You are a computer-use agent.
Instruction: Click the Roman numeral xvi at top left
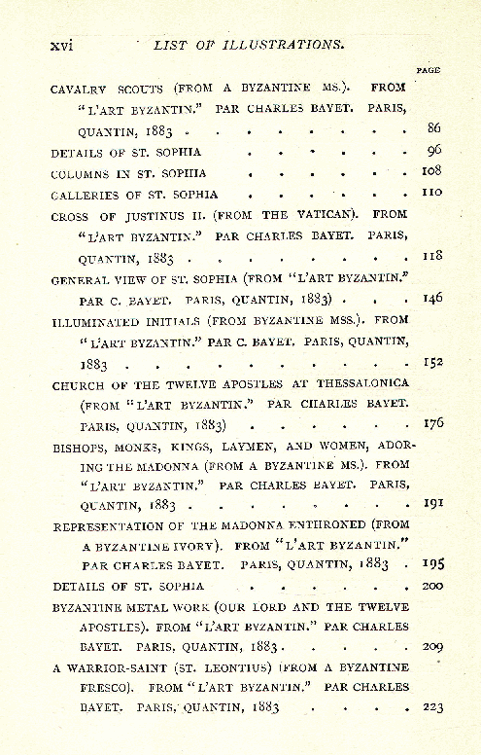[62, 45]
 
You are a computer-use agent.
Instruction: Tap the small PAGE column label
[428, 70]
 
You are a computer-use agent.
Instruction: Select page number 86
[435, 128]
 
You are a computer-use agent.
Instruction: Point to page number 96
[435, 151]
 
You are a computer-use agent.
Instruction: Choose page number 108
[432, 171]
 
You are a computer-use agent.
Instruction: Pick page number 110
[432, 193]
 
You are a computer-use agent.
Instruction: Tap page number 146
[432, 298]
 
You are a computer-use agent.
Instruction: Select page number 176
[432, 424]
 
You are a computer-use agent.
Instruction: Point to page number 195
[432, 563]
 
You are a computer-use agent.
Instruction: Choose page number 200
[432, 586]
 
